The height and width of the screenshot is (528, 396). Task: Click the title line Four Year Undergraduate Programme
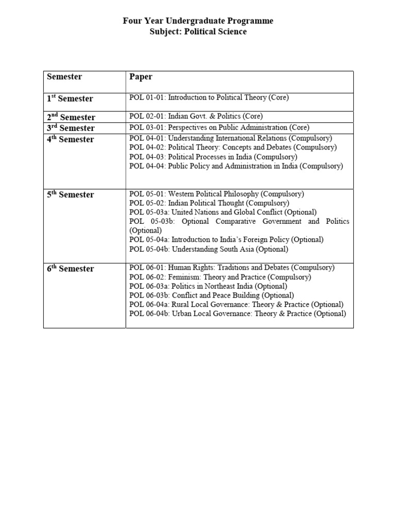click(x=198, y=21)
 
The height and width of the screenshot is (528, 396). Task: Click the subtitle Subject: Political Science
click(x=198, y=32)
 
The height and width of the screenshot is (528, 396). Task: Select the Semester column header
click(x=64, y=77)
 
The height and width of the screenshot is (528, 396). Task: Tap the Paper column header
click(x=141, y=77)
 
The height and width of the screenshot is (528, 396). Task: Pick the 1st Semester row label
click(x=70, y=99)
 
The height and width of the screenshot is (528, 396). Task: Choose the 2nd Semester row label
click(x=71, y=117)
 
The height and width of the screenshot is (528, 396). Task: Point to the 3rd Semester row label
click(x=71, y=128)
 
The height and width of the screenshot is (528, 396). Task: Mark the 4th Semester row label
click(x=71, y=140)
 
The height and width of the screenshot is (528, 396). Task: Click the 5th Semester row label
click(x=71, y=195)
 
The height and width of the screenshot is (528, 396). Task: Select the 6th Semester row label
click(x=71, y=269)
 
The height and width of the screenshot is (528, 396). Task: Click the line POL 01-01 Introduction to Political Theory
click(x=209, y=97)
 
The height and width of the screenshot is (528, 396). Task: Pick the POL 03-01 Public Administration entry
click(x=219, y=127)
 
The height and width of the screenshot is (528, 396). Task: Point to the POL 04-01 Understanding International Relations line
click(x=231, y=138)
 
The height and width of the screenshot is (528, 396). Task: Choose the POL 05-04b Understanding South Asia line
click(x=209, y=249)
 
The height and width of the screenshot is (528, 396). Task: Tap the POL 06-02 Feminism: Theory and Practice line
click(x=220, y=277)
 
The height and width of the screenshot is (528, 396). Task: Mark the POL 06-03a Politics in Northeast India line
click(x=208, y=286)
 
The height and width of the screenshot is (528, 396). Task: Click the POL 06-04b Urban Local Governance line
click(x=238, y=313)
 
